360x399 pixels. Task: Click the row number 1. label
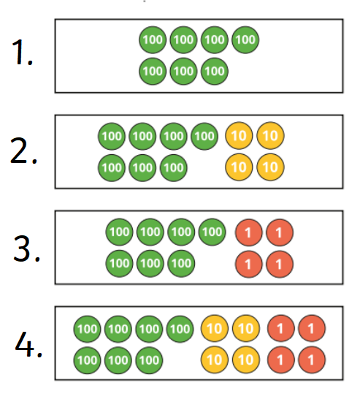tap(23, 53)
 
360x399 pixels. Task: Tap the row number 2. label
tap(23, 150)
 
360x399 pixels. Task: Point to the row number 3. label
tap(27, 248)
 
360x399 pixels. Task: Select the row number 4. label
tap(28, 344)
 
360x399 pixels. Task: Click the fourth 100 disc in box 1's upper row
tap(245, 39)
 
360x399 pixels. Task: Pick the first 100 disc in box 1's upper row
tap(153, 39)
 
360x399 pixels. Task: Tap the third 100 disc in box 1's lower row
tap(215, 72)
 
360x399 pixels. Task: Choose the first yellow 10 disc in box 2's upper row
tap(239, 136)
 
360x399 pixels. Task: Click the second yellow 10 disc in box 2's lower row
tap(270, 167)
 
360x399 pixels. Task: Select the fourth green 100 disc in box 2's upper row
tap(204, 136)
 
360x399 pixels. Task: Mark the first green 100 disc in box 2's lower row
tap(112, 167)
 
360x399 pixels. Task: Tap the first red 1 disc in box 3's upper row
tap(248, 232)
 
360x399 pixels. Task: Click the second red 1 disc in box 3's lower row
tap(280, 264)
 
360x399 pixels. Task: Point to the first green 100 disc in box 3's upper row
tap(119, 232)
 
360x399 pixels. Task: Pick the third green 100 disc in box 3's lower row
tap(181, 263)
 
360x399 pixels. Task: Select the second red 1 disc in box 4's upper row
tap(312, 329)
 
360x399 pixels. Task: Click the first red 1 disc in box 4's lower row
tap(281, 360)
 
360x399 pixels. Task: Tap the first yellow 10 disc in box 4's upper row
tap(215, 329)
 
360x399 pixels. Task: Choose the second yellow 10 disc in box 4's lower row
tap(246, 360)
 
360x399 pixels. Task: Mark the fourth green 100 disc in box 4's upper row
tap(180, 329)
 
